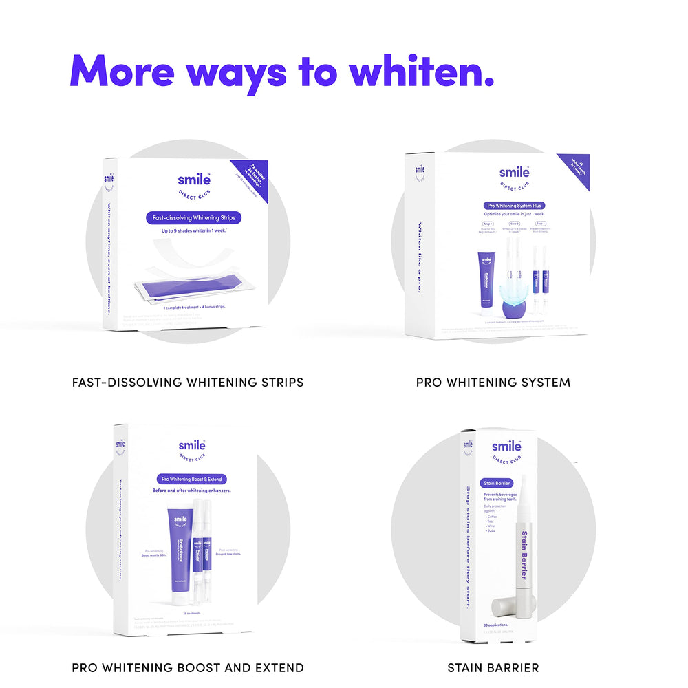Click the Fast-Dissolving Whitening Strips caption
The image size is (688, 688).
coord(188,382)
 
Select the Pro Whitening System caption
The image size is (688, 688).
coord(493,382)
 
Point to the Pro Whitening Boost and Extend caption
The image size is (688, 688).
coord(188,667)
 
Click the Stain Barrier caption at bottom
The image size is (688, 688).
coord(493,667)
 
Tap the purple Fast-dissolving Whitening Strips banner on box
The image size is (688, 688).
coord(193,218)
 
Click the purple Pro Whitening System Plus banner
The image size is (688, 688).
coord(515,205)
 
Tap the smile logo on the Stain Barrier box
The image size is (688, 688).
coord(506,447)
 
